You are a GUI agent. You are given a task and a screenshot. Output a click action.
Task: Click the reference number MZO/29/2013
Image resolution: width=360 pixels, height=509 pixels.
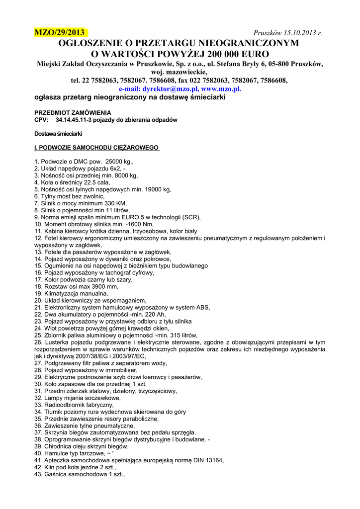59,33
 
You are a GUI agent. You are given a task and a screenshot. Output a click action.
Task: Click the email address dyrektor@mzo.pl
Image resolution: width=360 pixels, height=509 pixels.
171,88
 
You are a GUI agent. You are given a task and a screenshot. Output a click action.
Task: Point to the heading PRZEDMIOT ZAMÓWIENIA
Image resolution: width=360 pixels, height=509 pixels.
73,113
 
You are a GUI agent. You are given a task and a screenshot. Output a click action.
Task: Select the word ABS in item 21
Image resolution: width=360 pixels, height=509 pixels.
202,308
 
